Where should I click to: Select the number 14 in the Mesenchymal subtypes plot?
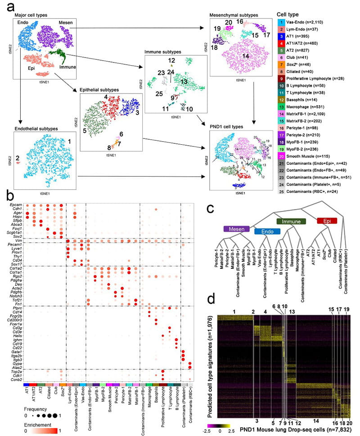pos(245,56)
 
